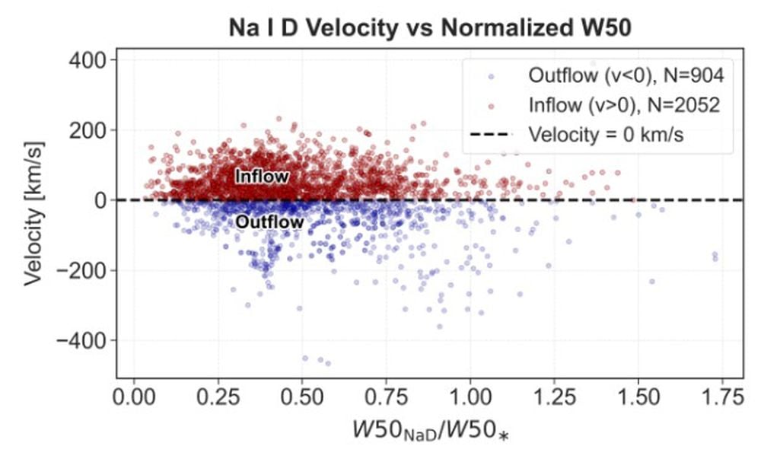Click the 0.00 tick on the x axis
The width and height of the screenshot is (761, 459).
point(134,397)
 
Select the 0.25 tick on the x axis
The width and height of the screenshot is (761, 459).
point(218,397)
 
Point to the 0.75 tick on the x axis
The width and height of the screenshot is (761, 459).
point(386,397)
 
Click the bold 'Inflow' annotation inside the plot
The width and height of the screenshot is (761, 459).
point(262,177)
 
